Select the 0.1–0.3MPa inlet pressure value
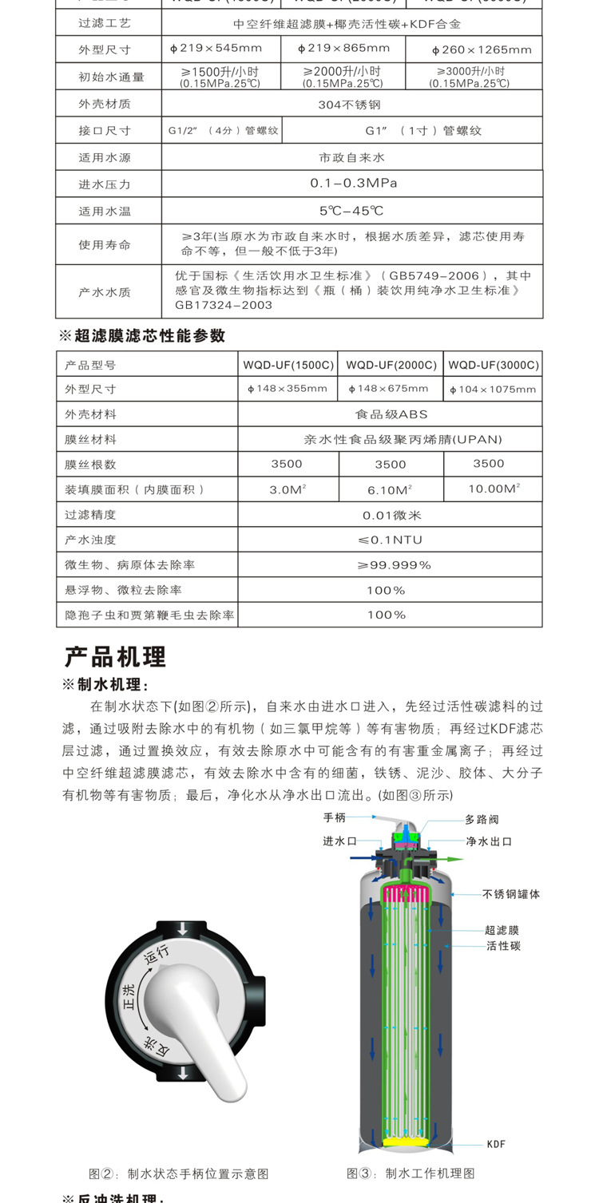pos(353,183)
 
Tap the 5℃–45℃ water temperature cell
pos(351,211)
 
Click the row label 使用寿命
pos(104,244)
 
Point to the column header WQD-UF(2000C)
pos(391,365)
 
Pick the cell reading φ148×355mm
pos(288,389)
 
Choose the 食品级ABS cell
pos(391,414)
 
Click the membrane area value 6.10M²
pos(390,489)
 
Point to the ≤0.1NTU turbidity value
pos(391,540)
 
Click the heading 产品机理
pos(115,657)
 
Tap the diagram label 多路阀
pos(482,819)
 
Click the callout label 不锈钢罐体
pos(511,894)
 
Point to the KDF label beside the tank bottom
pos(496,1144)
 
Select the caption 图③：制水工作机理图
pos(411,1173)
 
